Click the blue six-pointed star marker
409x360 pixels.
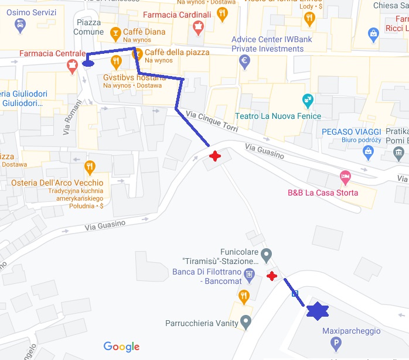tap(318, 311)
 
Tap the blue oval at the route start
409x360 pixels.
tap(89, 63)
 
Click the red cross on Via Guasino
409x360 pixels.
tap(216, 156)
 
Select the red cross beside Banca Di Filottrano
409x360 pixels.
tap(271, 276)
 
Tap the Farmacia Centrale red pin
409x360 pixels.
tap(73, 66)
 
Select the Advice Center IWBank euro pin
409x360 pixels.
tap(245, 60)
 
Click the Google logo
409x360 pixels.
tap(121, 347)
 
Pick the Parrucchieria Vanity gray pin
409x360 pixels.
tap(246, 321)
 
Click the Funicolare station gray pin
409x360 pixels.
tap(267, 255)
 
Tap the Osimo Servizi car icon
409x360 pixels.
tap(21, 25)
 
